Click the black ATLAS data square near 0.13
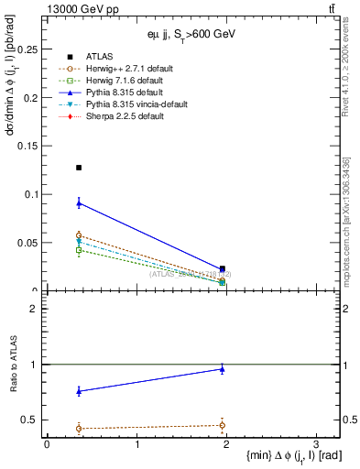coord(79,168)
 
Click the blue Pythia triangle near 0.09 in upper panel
coord(79,202)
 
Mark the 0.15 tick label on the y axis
coord(32,146)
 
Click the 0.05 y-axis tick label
coord(32,243)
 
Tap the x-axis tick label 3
coord(314,444)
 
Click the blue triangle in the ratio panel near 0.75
coord(79,391)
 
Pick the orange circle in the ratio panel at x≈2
coord(223,425)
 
